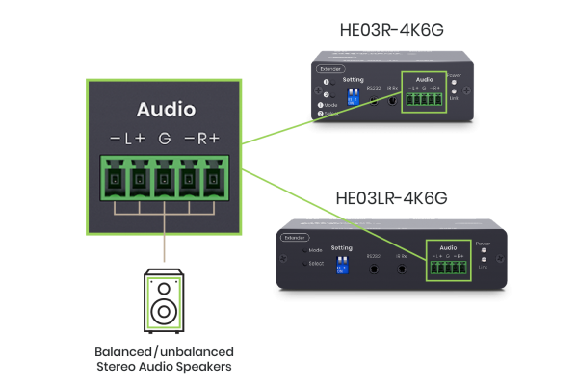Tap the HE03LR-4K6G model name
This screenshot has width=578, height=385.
(402, 200)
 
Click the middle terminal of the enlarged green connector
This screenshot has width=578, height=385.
(165, 179)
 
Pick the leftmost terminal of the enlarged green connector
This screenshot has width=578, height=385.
(114, 179)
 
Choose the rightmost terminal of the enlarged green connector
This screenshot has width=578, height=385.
(216, 179)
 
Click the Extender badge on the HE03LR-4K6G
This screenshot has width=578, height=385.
(293, 235)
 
